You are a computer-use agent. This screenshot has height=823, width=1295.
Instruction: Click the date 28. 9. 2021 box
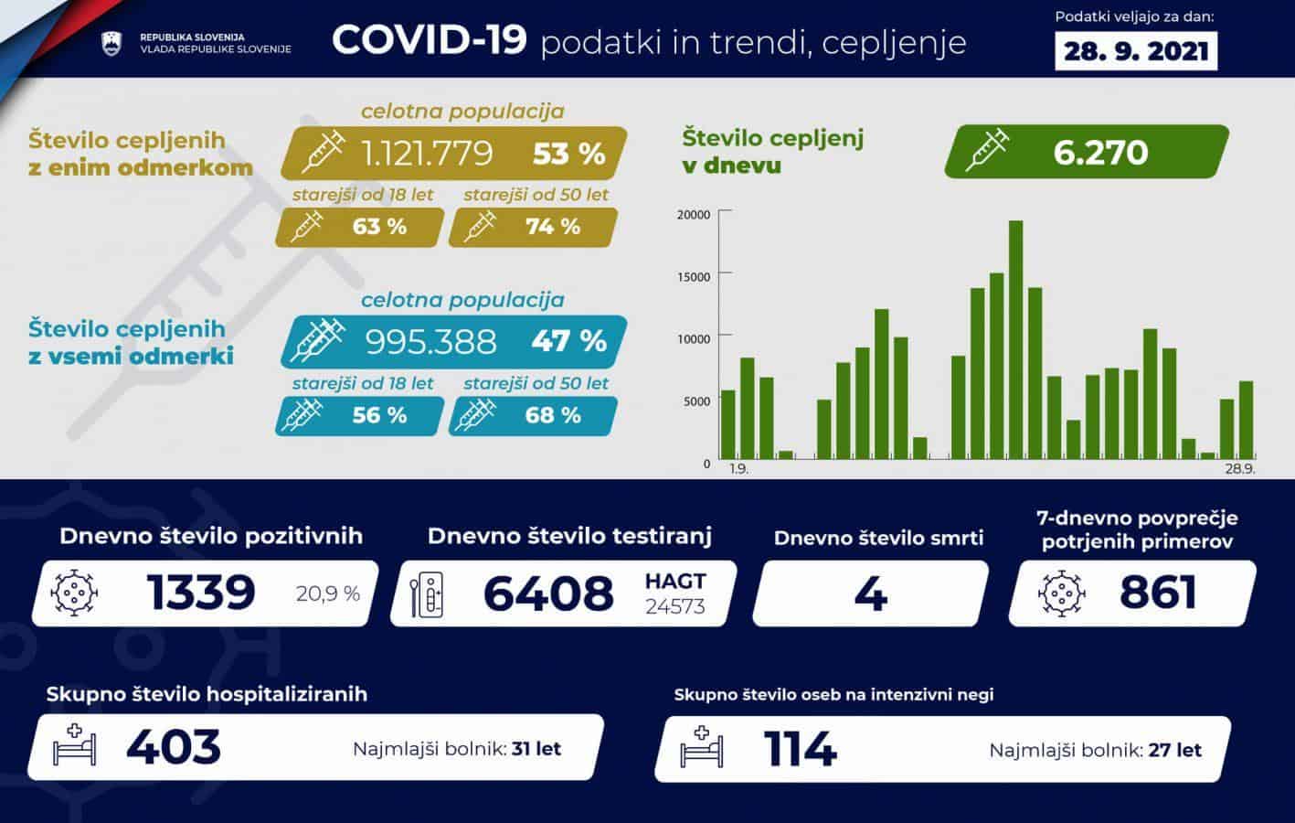tap(1135, 51)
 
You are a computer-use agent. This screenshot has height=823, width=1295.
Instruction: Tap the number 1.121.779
tap(427, 153)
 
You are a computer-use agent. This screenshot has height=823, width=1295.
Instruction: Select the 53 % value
tap(568, 154)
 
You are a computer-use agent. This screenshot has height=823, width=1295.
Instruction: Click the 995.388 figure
tap(430, 342)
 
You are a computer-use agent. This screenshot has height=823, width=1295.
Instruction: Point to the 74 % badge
tap(552, 227)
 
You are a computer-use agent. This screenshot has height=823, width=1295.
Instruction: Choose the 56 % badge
tap(378, 415)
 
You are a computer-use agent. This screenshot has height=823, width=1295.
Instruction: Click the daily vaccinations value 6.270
tap(1100, 152)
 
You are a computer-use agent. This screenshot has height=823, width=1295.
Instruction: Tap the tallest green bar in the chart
tap(1015, 339)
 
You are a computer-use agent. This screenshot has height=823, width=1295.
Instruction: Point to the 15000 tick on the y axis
tap(694, 277)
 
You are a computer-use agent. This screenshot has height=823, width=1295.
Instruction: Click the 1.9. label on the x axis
tap(738, 469)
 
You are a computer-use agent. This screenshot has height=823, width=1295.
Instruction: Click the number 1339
tap(201, 593)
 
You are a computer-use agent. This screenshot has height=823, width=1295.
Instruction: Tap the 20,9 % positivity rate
tap(328, 594)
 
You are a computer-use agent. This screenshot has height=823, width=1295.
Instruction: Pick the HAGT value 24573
tap(675, 606)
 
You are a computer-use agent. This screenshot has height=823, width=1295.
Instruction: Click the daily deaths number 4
tap(870, 593)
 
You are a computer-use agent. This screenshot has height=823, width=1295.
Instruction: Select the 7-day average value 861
tap(1158, 593)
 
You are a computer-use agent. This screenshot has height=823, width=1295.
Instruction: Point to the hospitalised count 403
tap(174, 747)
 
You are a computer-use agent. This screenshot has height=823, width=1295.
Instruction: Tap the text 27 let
tap(1174, 751)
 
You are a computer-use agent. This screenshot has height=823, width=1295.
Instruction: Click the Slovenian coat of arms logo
tap(111, 43)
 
